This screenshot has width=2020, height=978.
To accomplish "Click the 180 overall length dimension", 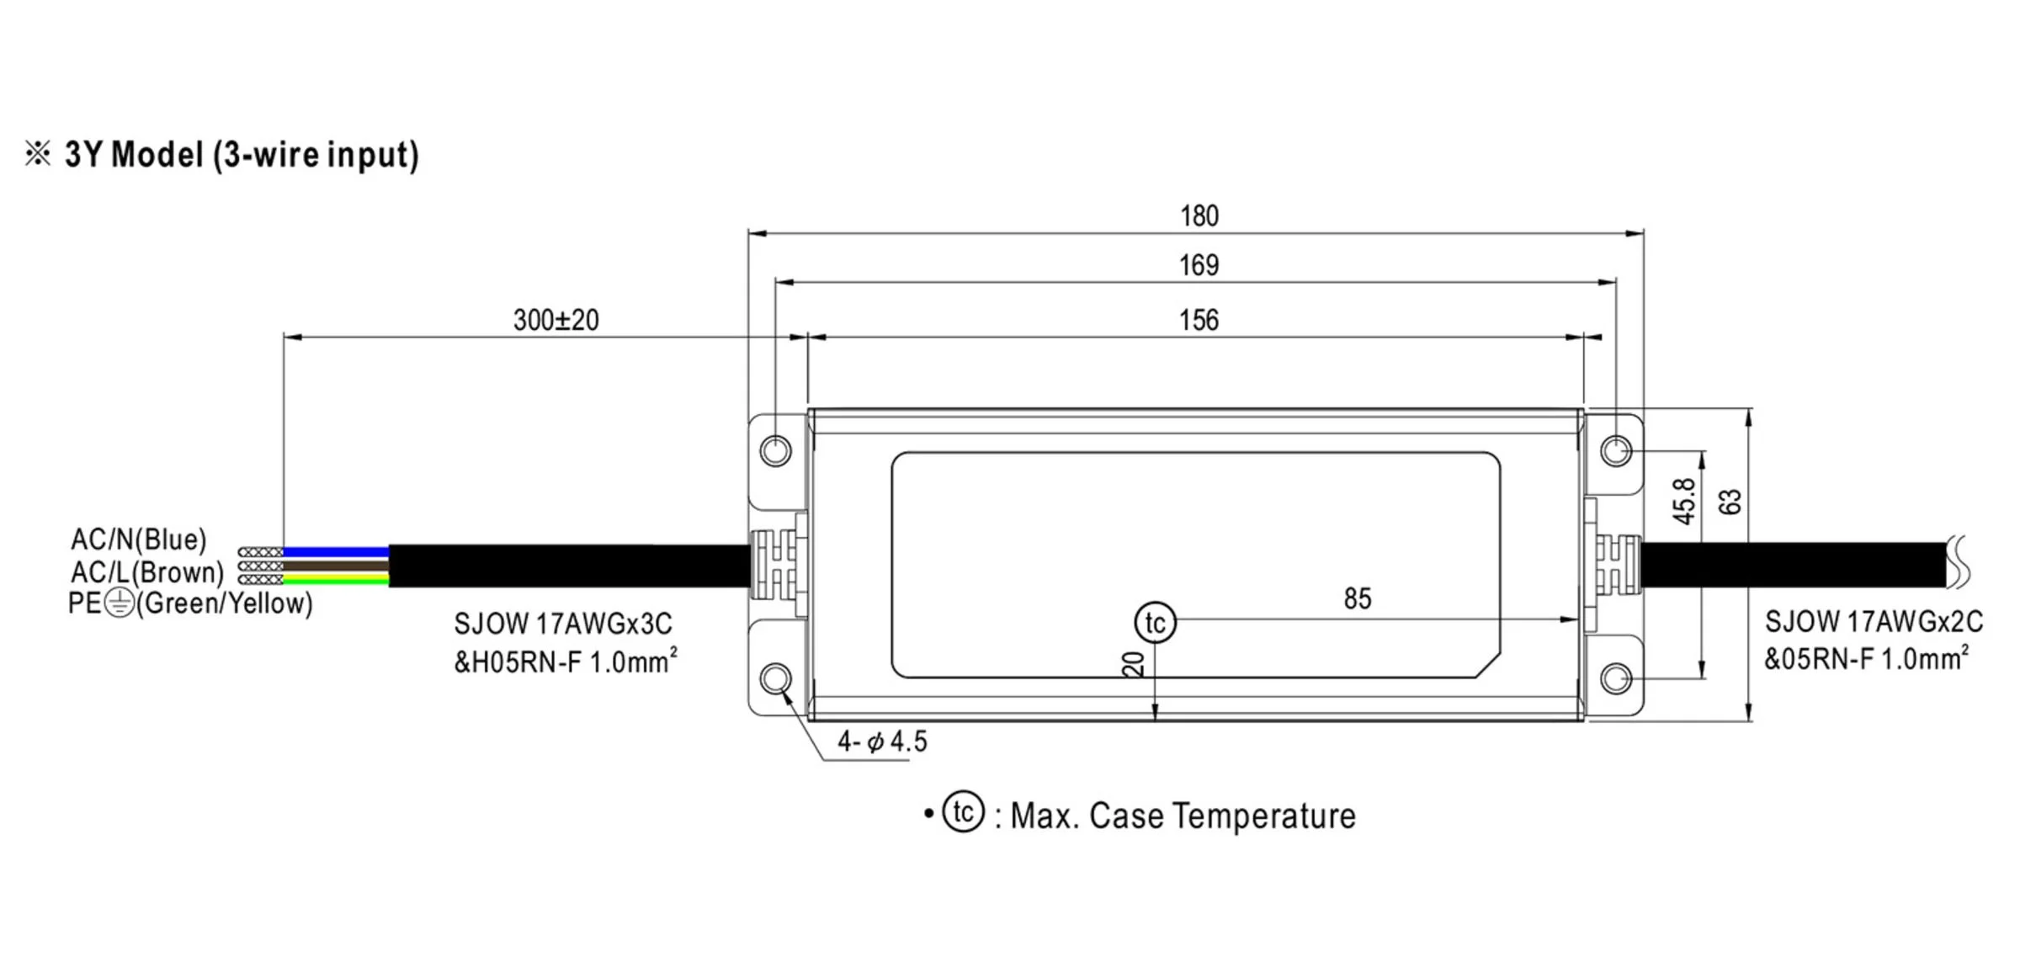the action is (1199, 216).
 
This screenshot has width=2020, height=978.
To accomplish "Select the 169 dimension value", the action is (1199, 266).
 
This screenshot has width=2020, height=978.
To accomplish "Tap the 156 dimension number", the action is (1199, 321).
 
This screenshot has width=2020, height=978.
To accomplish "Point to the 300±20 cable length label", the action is (556, 320).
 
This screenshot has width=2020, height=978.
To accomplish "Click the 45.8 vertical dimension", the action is (1684, 502).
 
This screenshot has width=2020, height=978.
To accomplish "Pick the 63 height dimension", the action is (1730, 502).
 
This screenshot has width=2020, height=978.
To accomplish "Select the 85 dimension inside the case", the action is (1358, 598).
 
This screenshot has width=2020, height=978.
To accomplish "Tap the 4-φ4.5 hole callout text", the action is (882, 741).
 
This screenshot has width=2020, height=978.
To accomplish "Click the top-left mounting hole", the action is (775, 450).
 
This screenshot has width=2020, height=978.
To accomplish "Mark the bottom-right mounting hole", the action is (1616, 678).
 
